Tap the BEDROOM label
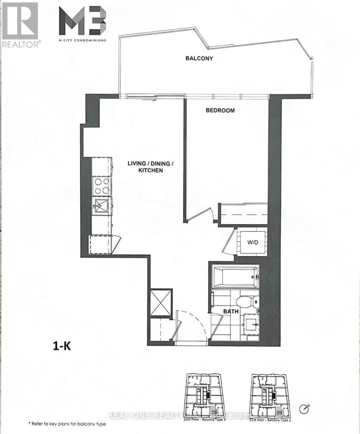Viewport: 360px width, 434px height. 220,110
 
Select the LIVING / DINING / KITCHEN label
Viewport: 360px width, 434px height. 150,166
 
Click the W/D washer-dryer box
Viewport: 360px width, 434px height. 253,242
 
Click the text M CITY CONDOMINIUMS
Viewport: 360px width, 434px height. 82,41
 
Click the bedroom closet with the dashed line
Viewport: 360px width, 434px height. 243,214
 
